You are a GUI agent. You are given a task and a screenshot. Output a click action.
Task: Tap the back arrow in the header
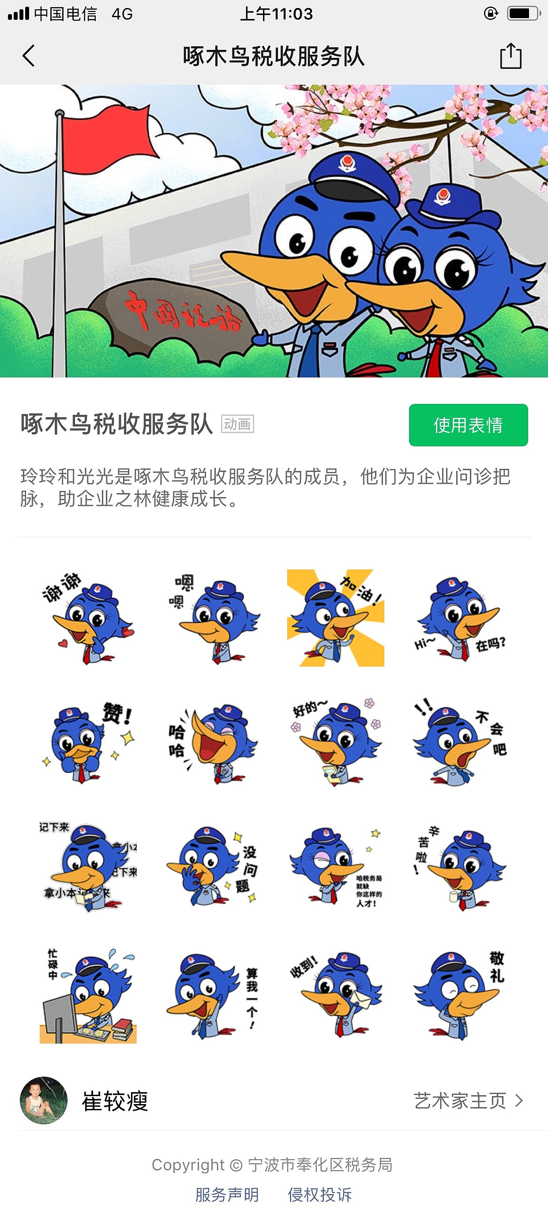pos(29,56)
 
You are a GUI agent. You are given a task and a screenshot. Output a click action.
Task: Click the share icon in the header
pos(510,56)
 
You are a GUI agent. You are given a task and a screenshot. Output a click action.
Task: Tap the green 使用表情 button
pos(468,425)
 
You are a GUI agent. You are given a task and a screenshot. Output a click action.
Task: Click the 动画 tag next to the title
pos(237,424)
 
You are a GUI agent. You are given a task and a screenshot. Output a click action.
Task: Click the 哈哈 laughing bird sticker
pos(212,742)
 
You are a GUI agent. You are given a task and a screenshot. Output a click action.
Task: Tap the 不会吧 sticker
pos(459,742)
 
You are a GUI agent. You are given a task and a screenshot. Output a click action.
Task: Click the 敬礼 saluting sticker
pos(459,995)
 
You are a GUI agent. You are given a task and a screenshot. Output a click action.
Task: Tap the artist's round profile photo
pos(43,1101)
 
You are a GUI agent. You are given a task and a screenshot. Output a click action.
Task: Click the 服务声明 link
pos(227,1195)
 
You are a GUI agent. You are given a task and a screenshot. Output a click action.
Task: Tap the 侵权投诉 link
pos(320,1195)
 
